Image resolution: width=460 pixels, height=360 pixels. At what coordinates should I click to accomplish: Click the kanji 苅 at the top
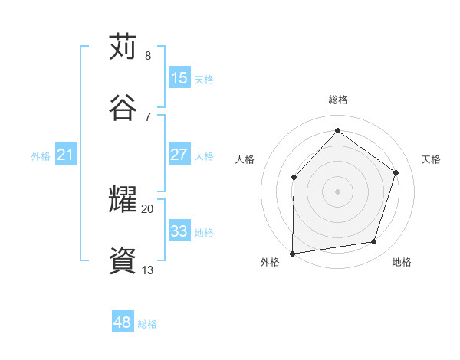(123, 47)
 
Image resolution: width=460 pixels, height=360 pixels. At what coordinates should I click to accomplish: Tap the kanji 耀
(123, 200)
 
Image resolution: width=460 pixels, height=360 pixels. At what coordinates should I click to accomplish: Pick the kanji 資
(123, 261)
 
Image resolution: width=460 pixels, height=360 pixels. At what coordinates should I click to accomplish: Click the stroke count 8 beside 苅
(147, 56)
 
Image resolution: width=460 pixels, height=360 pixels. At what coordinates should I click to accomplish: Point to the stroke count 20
(147, 208)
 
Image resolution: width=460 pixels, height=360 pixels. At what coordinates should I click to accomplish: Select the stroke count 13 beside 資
(147, 270)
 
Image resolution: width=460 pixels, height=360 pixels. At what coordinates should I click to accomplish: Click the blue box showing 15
(179, 78)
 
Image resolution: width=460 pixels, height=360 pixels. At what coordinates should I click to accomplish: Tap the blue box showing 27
(179, 155)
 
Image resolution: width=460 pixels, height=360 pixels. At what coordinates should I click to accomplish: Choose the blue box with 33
(179, 231)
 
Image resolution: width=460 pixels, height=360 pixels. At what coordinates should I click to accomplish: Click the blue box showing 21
(66, 155)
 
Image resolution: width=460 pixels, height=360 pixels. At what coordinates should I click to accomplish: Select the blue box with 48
(123, 322)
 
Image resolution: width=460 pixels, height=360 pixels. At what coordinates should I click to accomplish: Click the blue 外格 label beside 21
(41, 156)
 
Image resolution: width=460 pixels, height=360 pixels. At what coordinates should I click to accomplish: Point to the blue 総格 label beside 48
(147, 324)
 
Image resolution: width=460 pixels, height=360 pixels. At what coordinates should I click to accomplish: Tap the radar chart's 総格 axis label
(337, 100)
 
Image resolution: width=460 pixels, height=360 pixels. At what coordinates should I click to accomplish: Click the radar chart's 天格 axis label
(431, 159)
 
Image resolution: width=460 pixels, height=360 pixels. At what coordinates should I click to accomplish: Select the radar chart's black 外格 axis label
(270, 263)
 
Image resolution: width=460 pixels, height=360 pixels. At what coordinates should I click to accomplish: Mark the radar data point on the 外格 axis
(292, 253)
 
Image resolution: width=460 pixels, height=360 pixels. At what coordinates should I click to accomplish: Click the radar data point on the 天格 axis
(396, 172)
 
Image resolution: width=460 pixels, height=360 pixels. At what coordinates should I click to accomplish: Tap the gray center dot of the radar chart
(337, 191)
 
